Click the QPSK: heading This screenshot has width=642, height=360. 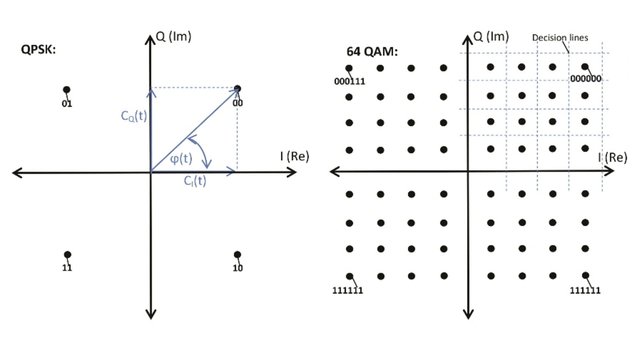pos(38,49)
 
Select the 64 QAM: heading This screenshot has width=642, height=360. pos(372,52)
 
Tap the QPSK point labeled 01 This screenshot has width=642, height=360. pos(67,90)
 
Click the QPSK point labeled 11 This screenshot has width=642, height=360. pos(68,255)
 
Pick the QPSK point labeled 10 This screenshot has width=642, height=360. pos(237,255)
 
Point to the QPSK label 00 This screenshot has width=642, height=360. pos(238,103)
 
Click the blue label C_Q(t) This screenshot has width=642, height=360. pos(134,116)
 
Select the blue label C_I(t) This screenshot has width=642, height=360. pos(195,181)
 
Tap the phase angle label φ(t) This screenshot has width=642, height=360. pos(181,158)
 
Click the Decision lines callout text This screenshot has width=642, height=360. pos(560,38)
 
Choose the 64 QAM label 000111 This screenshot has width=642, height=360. pos(350,81)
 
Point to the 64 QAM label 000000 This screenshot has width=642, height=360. pos(585,78)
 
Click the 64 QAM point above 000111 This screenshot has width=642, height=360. pos(349,68)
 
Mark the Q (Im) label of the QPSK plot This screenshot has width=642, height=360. pos(174,36)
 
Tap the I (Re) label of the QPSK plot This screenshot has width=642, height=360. pos(294,156)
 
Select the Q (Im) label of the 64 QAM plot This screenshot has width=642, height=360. pos(491,36)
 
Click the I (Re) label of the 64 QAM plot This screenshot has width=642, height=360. pos(612,157)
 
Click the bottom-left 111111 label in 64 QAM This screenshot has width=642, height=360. pos(348,290)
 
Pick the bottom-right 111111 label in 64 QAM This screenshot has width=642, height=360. pos(585,290)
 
